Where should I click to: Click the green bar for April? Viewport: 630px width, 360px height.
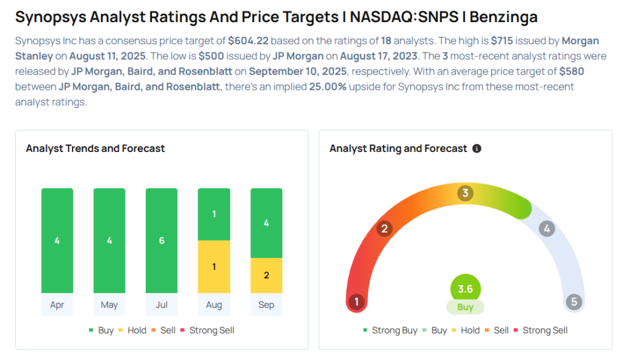(x=57, y=241)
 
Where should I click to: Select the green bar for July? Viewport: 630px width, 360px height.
(x=162, y=241)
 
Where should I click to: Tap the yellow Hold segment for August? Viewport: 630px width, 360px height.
(x=214, y=266)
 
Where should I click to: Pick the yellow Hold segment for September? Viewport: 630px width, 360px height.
(x=266, y=275)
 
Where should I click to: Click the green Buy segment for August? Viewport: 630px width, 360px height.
(x=214, y=214)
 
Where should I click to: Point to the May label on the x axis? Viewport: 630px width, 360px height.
(x=110, y=305)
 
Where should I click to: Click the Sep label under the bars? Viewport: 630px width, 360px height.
(x=266, y=305)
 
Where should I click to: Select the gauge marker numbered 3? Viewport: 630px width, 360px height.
(x=465, y=193)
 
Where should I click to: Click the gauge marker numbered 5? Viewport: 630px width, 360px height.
(x=574, y=302)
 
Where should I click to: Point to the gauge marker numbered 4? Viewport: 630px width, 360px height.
(x=546, y=229)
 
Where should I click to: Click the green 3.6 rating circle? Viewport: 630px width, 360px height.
(x=465, y=289)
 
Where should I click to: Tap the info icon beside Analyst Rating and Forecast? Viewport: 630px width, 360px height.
(x=477, y=148)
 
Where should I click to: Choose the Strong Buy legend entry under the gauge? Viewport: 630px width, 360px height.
(x=390, y=330)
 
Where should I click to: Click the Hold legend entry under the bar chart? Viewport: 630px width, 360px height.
(x=132, y=330)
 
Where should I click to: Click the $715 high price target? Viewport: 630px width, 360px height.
(x=504, y=41)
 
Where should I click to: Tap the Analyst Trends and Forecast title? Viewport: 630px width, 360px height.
(x=95, y=148)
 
